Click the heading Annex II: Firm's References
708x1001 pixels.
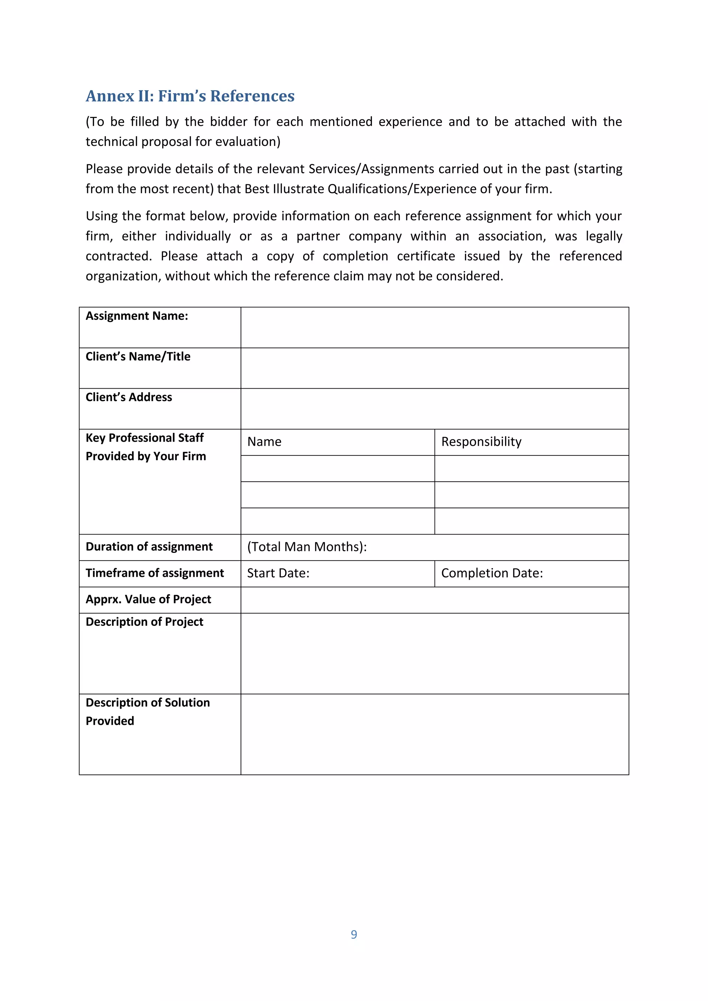190,96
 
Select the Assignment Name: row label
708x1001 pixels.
137,316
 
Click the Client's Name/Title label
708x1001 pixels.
138,356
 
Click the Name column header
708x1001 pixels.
264,442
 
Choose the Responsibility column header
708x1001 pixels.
481,442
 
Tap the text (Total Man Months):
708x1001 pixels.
307,547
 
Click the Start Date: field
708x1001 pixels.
278,573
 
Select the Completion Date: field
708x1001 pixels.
492,573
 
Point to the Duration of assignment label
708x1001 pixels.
149,547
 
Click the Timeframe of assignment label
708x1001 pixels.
155,573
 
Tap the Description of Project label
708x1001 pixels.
144,622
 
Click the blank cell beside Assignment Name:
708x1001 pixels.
434,327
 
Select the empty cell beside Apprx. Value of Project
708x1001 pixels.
434,600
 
